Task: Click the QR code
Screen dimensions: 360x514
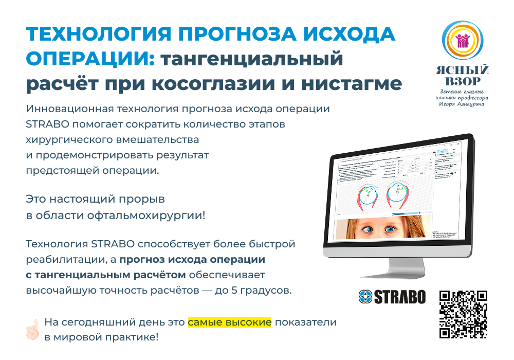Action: click(463, 314)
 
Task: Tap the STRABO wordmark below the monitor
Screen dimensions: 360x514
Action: click(399, 297)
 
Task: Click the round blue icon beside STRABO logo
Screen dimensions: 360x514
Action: click(365, 297)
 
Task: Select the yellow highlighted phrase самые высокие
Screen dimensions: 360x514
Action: click(229, 322)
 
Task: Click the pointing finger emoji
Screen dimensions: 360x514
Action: click(32, 329)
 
